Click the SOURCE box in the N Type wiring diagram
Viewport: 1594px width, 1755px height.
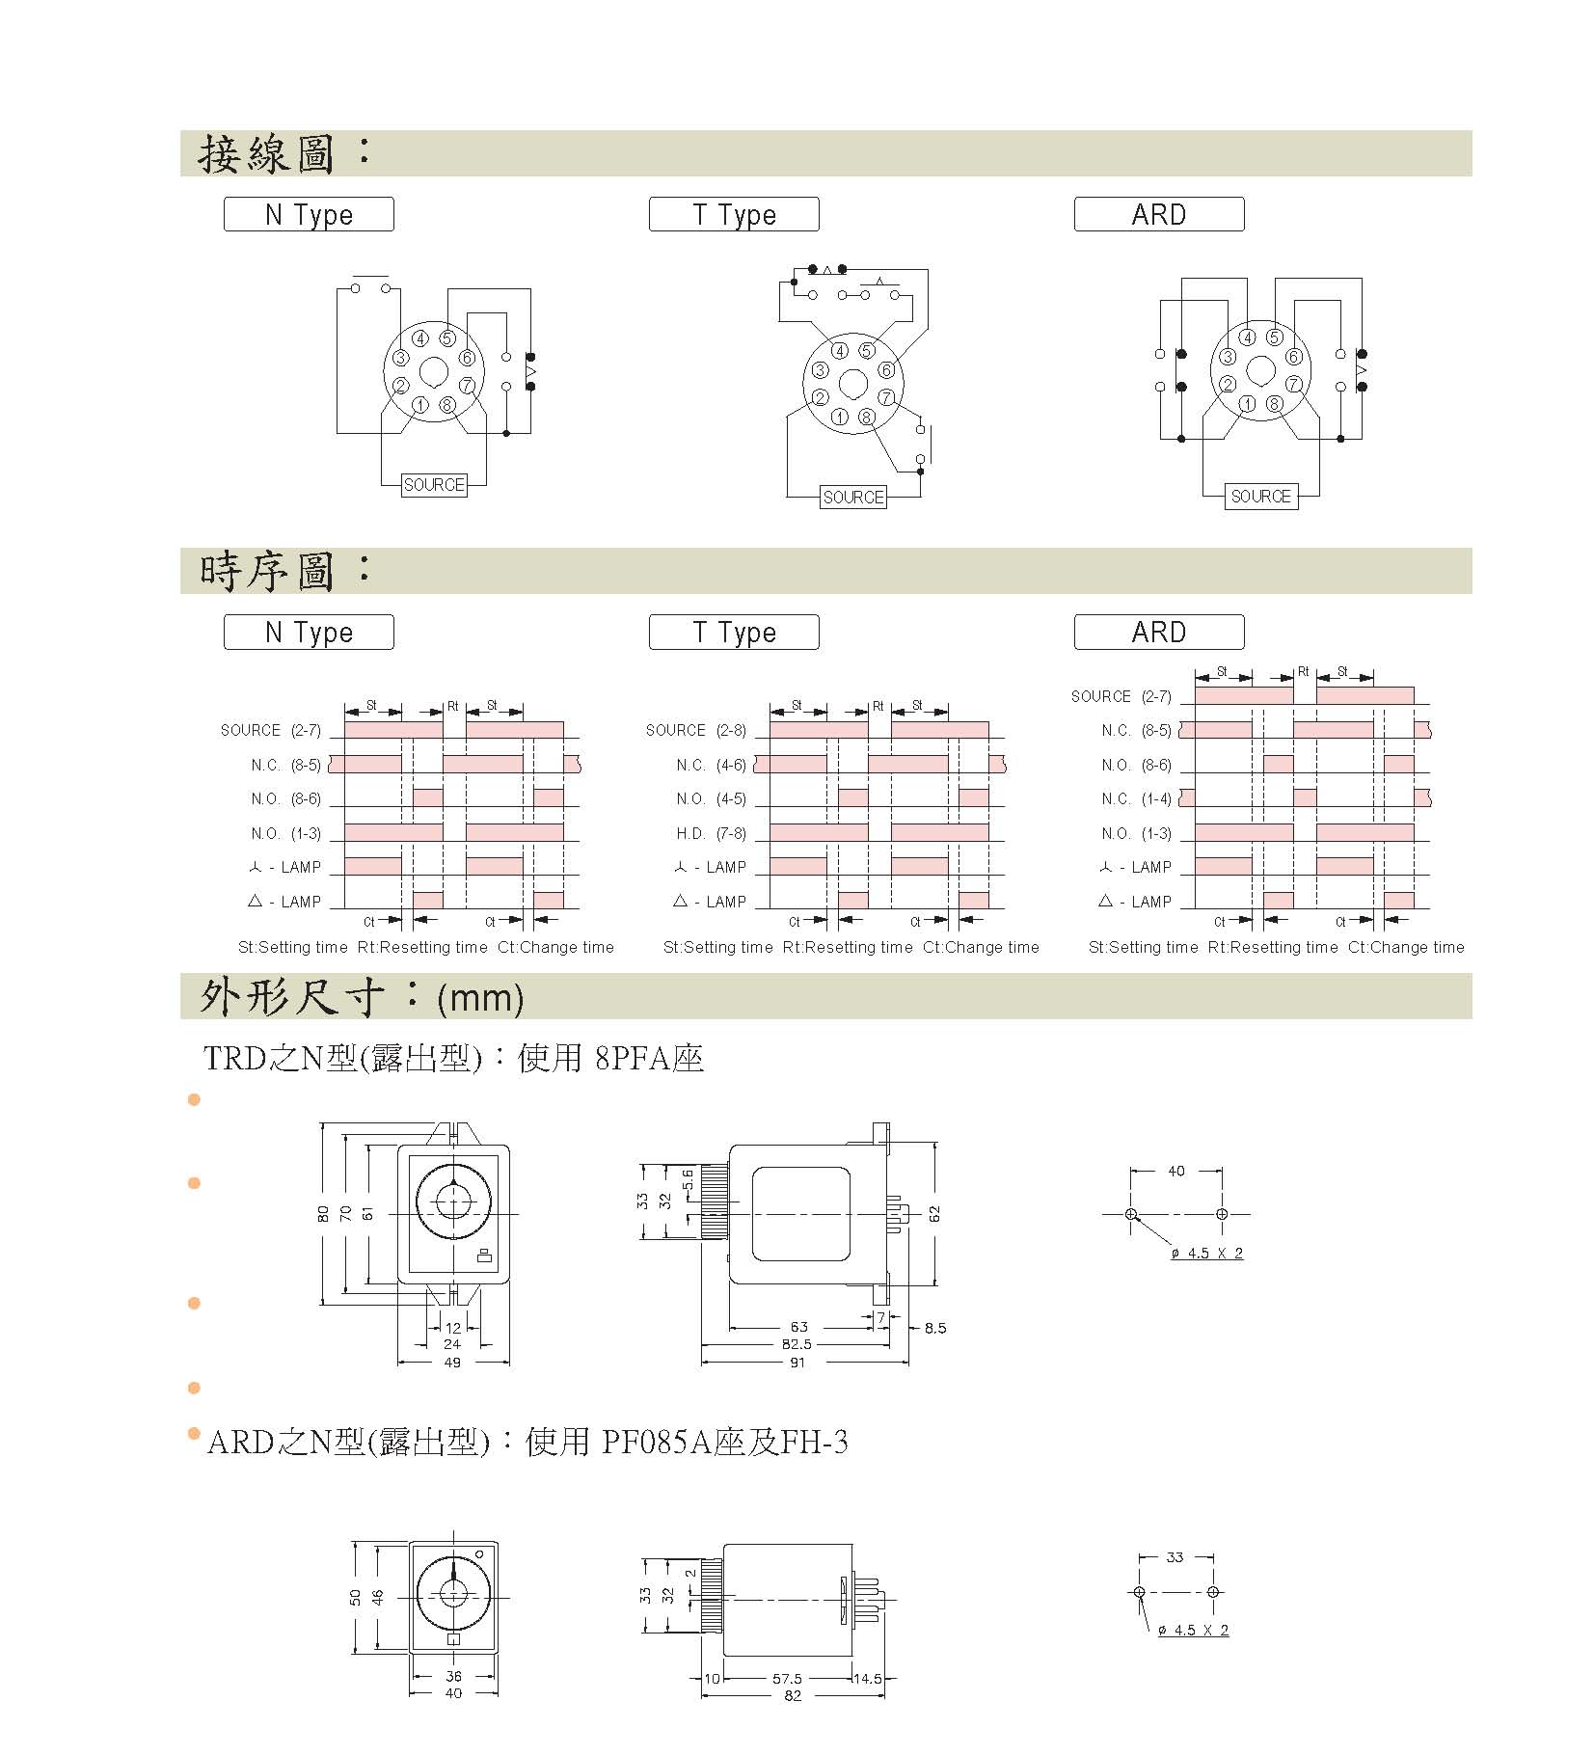(x=434, y=485)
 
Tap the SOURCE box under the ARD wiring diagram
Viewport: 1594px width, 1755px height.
(x=1260, y=497)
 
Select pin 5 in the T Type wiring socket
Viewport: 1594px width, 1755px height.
(x=867, y=351)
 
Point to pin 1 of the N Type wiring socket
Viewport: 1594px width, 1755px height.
(x=420, y=405)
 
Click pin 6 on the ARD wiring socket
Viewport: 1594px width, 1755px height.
(x=1294, y=357)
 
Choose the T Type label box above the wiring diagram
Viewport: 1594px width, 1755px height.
(x=734, y=214)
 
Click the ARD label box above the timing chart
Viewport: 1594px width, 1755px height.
(x=1159, y=633)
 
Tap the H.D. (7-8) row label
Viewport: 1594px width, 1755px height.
(x=711, y=833)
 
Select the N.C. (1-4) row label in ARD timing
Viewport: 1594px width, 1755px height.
(x=1136, y=799)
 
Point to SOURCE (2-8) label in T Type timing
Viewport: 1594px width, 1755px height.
(x=695, y=730)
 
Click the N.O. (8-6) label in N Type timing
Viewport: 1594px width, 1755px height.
(x=285, y=799)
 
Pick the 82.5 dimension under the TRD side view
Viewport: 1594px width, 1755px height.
(x=797, y=1344)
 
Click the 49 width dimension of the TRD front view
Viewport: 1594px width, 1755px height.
(x=452, y=1363)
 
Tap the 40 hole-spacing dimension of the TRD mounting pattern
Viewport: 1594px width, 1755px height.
(x=1176, y=1172)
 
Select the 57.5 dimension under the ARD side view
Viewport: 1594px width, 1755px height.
(x=787, y=1679)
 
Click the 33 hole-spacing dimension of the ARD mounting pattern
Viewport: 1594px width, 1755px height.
(x=1175, y=1557)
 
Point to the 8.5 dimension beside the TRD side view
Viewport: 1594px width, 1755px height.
(x=935, y=1328)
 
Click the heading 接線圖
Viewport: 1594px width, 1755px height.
(x=266, y=154)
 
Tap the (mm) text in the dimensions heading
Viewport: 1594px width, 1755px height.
(x=480, y=998)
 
